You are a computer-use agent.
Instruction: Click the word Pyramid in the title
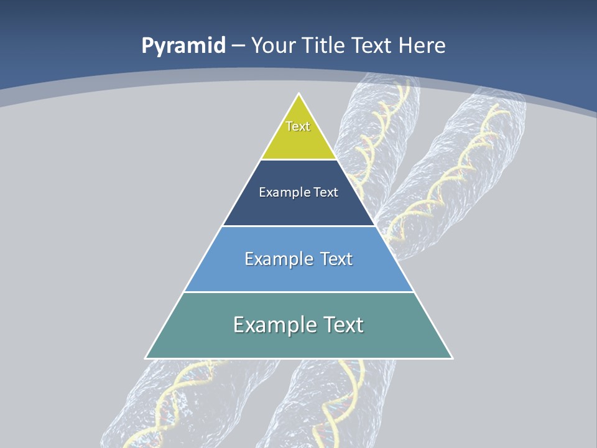183,46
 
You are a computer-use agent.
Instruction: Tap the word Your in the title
272,45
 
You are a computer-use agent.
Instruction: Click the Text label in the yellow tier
298,126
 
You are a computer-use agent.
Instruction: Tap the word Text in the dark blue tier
326,192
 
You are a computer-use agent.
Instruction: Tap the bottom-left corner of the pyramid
146,358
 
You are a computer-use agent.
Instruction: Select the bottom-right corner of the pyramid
452,358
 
